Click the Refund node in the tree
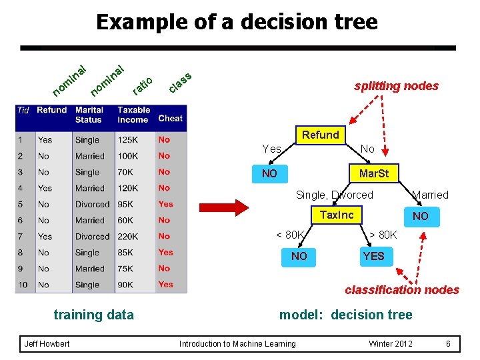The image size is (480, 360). [x=321, y=135]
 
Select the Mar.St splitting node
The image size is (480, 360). [x=373, y=174]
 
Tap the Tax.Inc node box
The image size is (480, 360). [x=337, y=215]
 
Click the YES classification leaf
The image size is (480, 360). [x=373, y=256]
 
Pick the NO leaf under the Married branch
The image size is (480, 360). [x=420, y=216]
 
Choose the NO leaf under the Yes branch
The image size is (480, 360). [x=269, y=174]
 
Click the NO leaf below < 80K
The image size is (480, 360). [x=299, y=256]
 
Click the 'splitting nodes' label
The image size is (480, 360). [x=396, y=86]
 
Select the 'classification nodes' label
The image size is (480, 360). [x=401, y=290]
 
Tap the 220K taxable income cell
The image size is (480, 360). [x=127, y=237]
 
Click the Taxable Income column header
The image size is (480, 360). [x=133, y=115]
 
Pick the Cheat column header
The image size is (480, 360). [x=170, y=119]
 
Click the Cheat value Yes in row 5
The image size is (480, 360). [x=165, y=204]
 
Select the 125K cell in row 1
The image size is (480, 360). [x=127, y=140]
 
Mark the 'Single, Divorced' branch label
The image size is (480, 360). [x=334, y=195]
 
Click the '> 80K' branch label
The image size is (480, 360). [x=383, y=235]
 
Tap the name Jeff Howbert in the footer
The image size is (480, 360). [x=47, y=344]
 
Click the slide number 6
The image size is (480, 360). [x=448, y=344]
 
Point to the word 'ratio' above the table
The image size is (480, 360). [x=142, y=85]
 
